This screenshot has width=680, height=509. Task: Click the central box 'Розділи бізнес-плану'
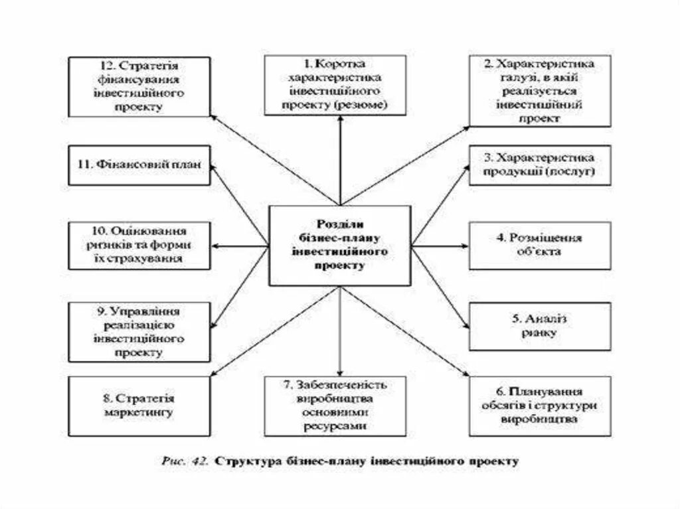tap(339, 245)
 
